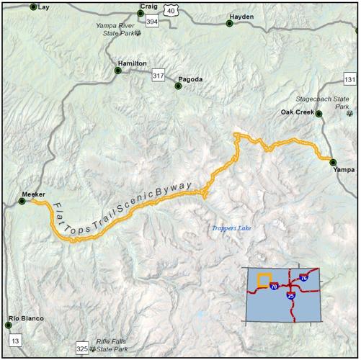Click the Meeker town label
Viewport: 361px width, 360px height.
point(34,194)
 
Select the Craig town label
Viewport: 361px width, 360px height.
point(149,5)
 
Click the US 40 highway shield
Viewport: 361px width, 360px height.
point(170,10)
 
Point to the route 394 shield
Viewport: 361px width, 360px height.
point(151,23)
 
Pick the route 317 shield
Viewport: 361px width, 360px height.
point(159,75)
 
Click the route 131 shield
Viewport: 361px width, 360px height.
point(350,80)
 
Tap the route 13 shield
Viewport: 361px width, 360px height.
point(17,338)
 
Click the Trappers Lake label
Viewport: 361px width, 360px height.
point(229,228)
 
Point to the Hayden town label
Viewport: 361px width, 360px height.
point(241,16)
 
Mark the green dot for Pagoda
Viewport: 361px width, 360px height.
point(178,87)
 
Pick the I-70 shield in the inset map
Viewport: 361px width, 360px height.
point(275,286)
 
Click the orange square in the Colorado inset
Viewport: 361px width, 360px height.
point(264,279)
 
